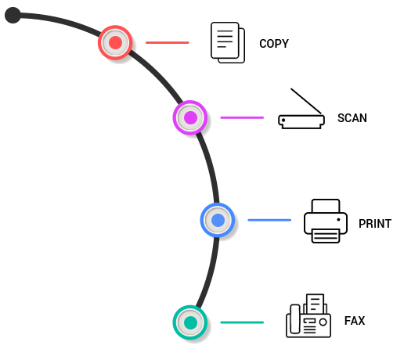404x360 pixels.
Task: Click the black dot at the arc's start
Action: [13, 15]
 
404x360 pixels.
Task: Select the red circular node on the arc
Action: [115, 42]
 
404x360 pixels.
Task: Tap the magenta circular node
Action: [190, 117]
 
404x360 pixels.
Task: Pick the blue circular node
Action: [218, 220]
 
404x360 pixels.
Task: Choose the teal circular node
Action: [190, 322]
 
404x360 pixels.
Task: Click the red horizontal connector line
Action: [168, 42]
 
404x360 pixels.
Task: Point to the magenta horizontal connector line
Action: [242, 117]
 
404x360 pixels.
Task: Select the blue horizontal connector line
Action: [269, 220]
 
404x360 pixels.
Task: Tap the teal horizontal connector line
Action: [242, 322]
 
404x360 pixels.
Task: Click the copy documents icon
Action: [228, 42]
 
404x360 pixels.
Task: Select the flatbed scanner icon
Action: [301, 109]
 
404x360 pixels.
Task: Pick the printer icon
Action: [326, 221]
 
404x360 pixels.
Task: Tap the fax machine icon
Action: [308, 316]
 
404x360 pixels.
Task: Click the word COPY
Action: [274, 44]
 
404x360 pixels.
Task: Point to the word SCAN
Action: [352, 118]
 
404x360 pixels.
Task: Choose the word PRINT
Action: [375, 224]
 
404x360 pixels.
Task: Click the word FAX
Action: [355, 321]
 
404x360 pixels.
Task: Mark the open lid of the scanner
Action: [306, 101]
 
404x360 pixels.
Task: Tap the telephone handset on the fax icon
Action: [295, 319]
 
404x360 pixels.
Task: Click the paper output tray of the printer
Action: [326, 236]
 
